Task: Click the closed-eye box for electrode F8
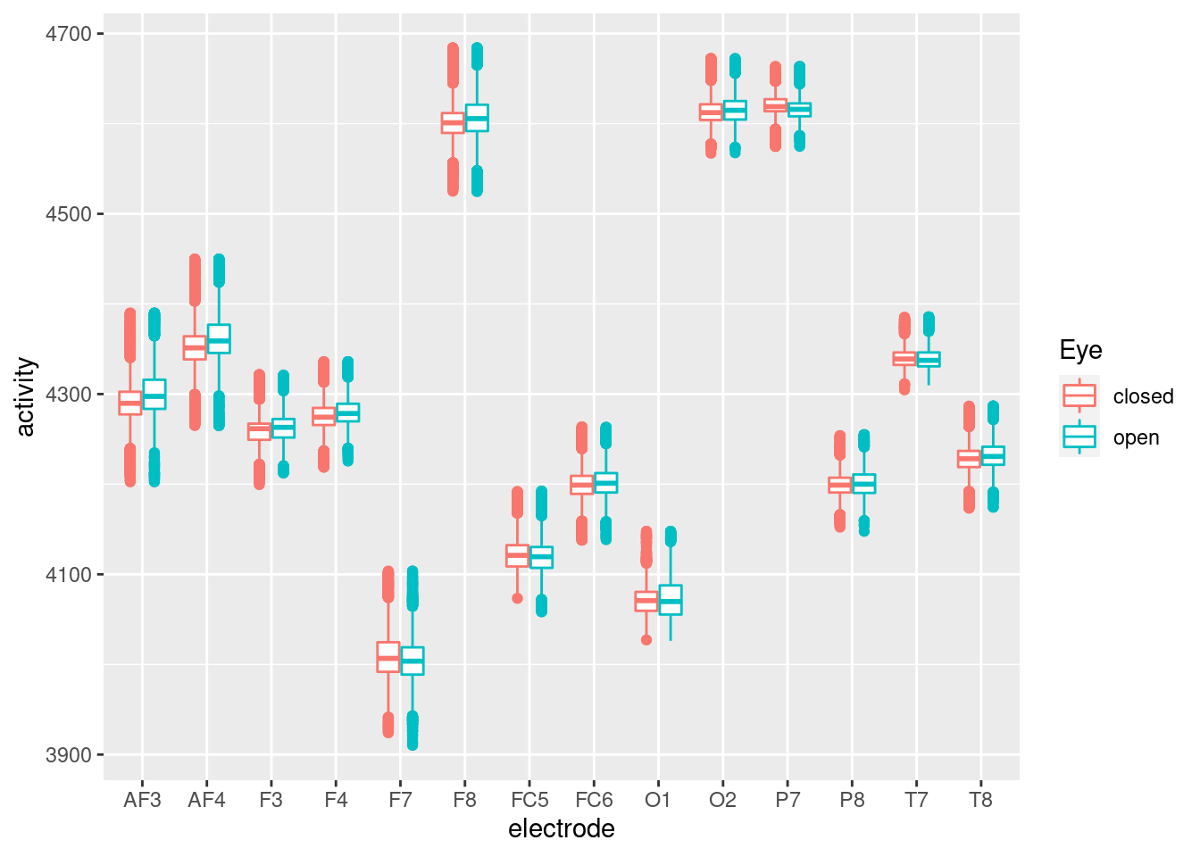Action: (453, 123)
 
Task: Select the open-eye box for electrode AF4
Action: (219, 339)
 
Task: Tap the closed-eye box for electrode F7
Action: (388, 657)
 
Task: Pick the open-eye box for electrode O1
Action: (671, 600)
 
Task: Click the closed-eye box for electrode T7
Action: (904, 359)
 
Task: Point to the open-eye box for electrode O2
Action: (735, 110)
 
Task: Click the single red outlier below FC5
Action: (517, 598)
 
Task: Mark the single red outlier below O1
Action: (646, 640)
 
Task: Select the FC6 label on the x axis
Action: (594, 801)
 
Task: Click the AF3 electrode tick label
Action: (142, 801)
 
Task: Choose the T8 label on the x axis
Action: (980, 801)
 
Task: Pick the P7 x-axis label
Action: (787, 801)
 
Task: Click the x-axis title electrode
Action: (561, 829)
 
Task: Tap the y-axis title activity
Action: (26, 396)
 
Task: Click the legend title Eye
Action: (1080, 350)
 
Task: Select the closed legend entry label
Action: (1143, 396)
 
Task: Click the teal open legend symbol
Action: (1079, 437)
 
